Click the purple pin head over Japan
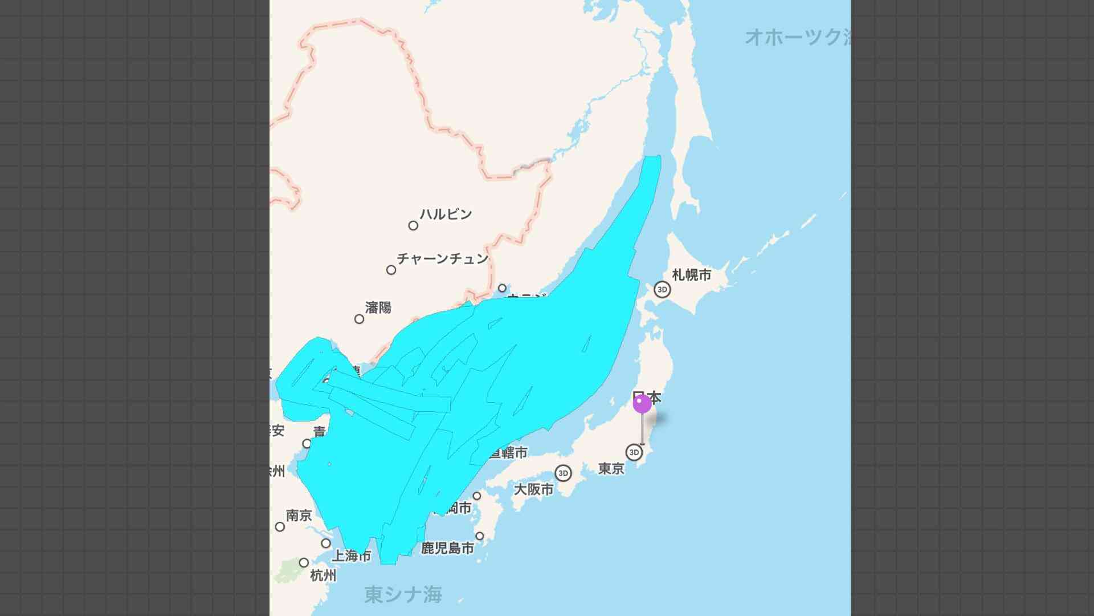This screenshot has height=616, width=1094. pos(642,404)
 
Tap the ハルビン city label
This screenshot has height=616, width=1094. pos(446,214)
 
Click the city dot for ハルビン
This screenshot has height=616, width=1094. pos(413,225)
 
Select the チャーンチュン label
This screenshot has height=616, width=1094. pos(443,258)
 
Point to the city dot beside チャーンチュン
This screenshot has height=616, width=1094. pos(391,270)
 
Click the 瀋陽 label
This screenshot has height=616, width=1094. pos(378,308)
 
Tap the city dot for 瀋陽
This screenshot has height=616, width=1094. pos(359,319)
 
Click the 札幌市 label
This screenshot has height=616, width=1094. pos(692,275)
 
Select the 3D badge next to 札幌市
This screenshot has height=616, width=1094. pos(662,289)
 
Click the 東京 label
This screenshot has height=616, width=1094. pos(611,469)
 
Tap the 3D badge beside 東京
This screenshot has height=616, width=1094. pos(634,452)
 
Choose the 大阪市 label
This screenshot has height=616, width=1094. pos(534,489)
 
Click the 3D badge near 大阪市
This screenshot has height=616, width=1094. pos(563,473)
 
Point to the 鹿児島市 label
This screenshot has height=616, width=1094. pos(448,549)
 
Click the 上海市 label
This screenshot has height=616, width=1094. pos(352,556)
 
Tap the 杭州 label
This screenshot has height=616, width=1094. pos(323,576)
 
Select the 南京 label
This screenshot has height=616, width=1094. pos(299,516)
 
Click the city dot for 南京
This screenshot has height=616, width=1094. pos(280,526)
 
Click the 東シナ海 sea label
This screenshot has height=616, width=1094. pos(403,595)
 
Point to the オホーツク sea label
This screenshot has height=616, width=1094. pos(798,37)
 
